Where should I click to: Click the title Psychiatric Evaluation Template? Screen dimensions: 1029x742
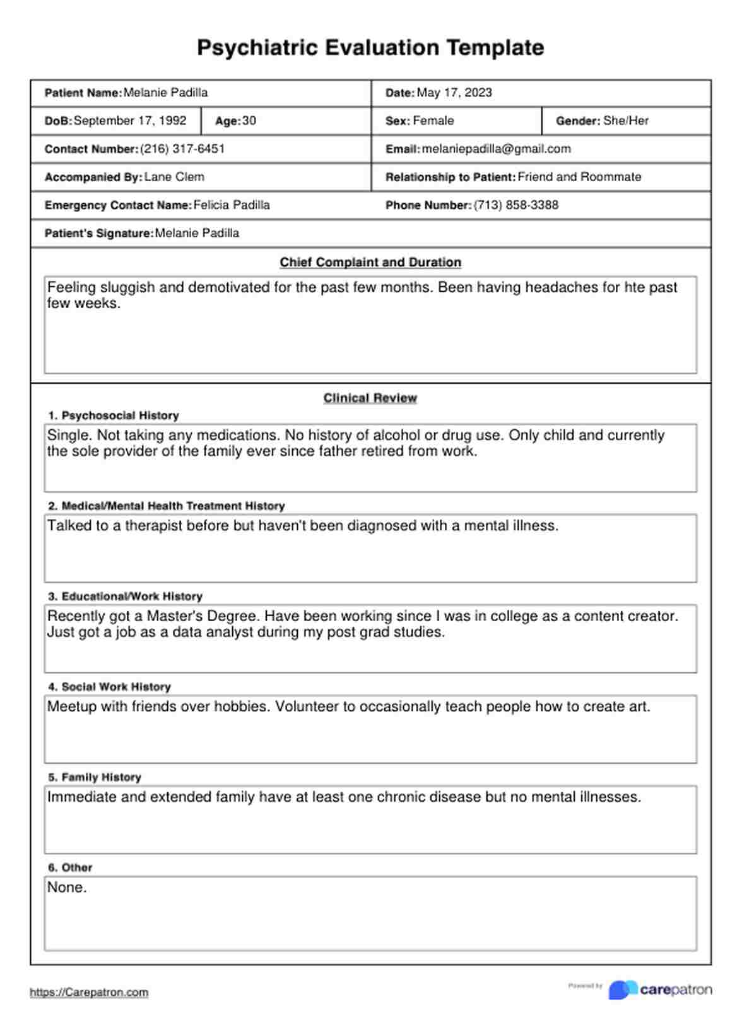pyautogui.click(x=370, y=48)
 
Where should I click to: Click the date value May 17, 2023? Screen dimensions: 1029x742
pyautogui.click(x=454, y=93)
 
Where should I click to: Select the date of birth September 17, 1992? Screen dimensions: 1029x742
pyautogui.click(x=130, y=121)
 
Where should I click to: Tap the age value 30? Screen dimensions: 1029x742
pyautogui.click(x=249, y=121)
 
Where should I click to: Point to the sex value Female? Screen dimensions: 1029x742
pyautogui.click(x=433, y=121)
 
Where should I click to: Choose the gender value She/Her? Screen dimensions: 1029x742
pyautogui.click(x=626, y=121)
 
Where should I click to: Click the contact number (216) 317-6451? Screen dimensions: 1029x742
pyautogui.click(x=182, y=149)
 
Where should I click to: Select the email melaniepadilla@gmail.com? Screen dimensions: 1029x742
pyautogui.click(x=497, y=149)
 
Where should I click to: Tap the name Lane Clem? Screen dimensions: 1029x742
pyautogui.click(x=174, y=177)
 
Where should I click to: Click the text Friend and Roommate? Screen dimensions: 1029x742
pyautogui.click(x=579, y=177)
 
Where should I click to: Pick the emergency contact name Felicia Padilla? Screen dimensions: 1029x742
pyautogui.click(x=232, y=205)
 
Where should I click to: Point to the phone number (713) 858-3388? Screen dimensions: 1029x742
pyautogui.click(x=516, y=205)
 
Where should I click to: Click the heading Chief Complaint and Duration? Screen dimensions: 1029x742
pyautogui.click(x=370, y=263)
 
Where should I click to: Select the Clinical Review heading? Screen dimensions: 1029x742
pyautogui.click(x=370, y=398)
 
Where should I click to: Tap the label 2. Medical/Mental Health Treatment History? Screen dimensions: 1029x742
pyautogui.click(x=167, y=506)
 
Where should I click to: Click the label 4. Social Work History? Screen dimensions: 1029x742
pyautogui.click(x=110, y=687)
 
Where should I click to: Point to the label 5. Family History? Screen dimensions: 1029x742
pyautogui.click(x=95, y=777)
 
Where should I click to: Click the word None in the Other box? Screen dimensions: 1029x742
pyautogui.click(x=66, y=888)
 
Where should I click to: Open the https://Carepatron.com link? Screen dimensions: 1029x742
pyautogui.click(x=89, y=992)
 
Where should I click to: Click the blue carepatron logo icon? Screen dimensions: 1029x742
pyautogui.click(x=623, y=990)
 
